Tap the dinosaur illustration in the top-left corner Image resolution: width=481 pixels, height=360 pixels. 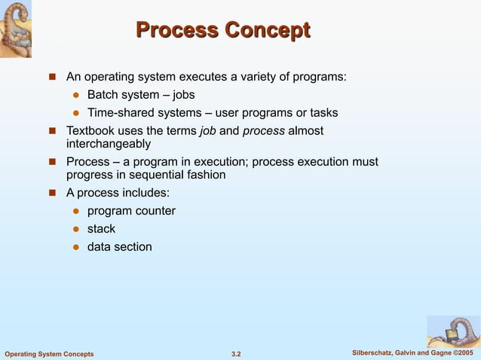pos(21,29)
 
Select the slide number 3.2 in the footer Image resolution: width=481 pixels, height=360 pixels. pos(235,354)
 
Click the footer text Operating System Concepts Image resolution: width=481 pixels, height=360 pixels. pos(50,354)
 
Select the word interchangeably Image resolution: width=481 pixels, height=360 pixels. pos(109,144)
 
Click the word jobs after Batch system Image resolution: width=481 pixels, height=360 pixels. pos(184,95)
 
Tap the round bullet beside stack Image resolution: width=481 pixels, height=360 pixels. pos(75,229)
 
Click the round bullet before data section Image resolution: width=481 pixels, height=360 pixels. pos(75,247)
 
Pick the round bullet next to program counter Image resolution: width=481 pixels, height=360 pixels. pos(75,211)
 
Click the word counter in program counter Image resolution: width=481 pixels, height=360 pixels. pos(156,211)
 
